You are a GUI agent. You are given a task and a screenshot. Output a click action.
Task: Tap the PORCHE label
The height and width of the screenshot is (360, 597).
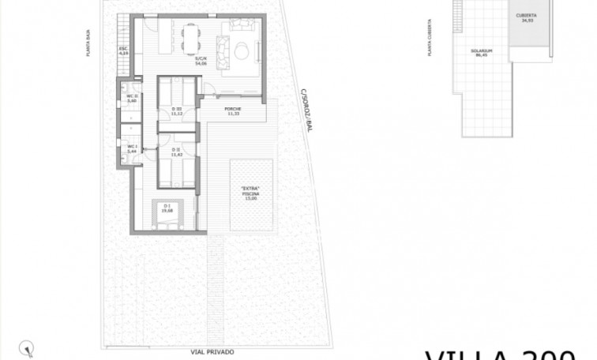tap(233, 111)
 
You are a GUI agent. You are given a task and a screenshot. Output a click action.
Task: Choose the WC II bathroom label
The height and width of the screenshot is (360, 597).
tap(133, 99)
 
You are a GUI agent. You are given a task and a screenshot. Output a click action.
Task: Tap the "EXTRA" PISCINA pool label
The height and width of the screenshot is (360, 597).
tap(251, 193)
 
